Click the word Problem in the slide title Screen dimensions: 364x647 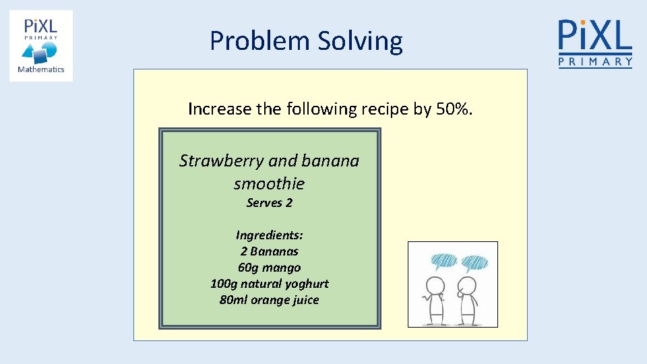click(x=256, y=41)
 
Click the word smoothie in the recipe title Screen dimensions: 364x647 click(x=269, y=183)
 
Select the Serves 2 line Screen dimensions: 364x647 click(x=269, y=203)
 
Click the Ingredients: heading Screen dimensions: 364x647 click(x=269, y=235)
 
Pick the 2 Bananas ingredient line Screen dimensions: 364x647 click(x=269, y=251)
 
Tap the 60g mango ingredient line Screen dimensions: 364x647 click(x=269, y=268)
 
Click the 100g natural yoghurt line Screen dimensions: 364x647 click(x=269, y=284)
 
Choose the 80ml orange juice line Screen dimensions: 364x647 click(x=269, y=300)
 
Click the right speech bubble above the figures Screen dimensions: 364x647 click(x=475, y=262)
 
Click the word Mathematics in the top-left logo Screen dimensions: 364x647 click(x=40, y=69)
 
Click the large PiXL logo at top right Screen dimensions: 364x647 click(x=595, y=43)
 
